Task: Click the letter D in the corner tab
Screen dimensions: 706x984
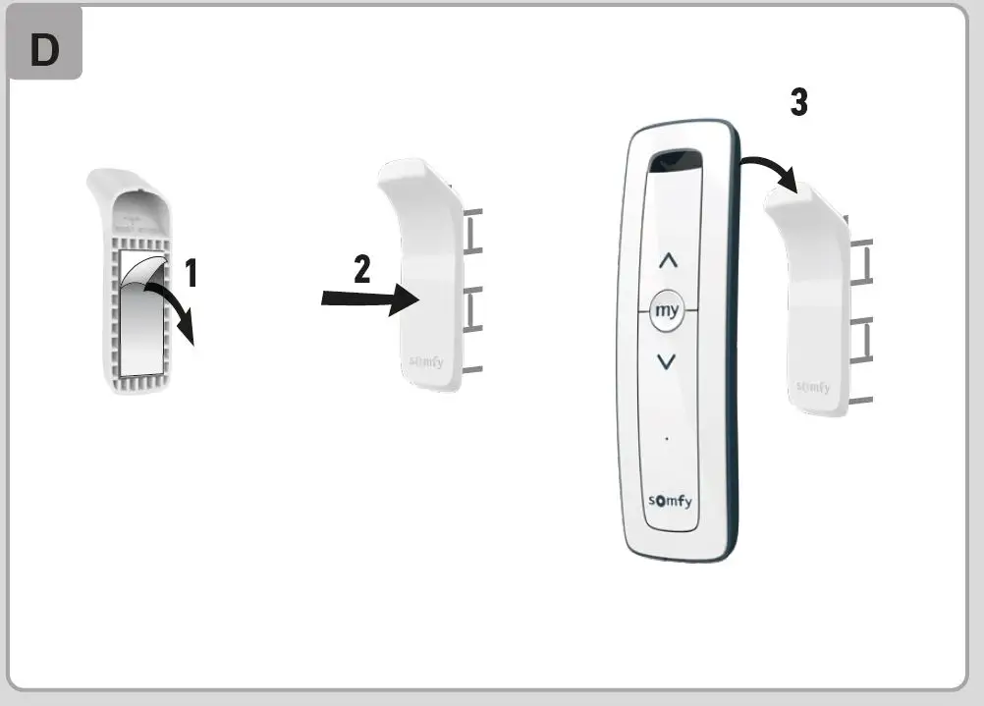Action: pyautogui.click(x=44, y=50)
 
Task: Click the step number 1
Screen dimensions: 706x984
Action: pyautogui.click(x=191, y=272)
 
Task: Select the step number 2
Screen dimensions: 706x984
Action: pyautogui.click(x=362, y=268)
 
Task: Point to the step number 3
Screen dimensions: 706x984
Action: pyautogui.click(x=799, y=102)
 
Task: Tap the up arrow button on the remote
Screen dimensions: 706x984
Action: pyautogui.click(x=667, y=261)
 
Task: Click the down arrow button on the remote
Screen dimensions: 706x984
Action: pyautogui.click(x=667, y=360)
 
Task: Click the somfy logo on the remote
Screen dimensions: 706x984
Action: pyautogui.click(x=670, y=502)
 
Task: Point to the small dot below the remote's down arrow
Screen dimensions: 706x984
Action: pyautogui.click(x=667, y=437)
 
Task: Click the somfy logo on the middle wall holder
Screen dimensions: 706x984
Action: pyautogui.click(x=425, y=362)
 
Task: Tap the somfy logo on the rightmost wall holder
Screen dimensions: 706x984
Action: pyautogui.click(x=812, y=387)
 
